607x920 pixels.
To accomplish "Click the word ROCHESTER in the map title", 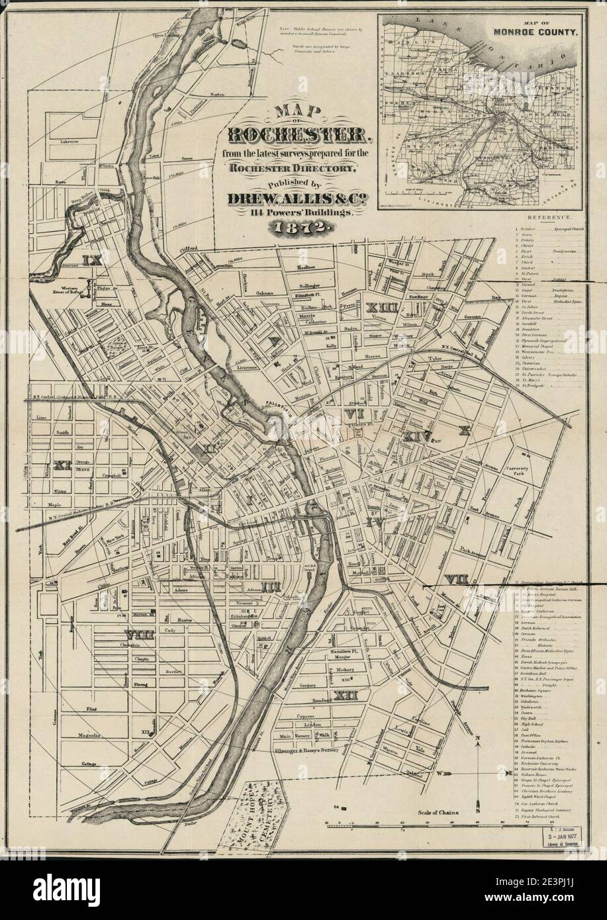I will pos(295,136).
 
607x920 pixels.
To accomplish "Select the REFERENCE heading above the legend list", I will pos(549,217).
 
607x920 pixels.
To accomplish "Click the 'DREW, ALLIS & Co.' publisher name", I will pos(295,198).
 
